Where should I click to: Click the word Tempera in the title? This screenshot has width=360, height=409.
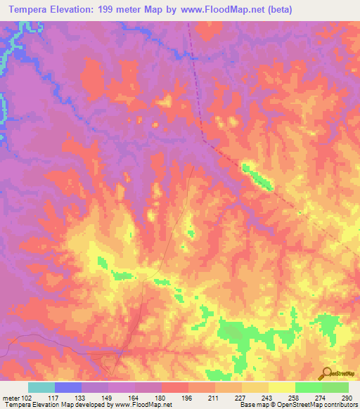[x=32, y=10]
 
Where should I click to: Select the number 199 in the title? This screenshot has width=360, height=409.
[x=111, y=10]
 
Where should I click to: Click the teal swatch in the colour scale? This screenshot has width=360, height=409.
[x=41, y=387]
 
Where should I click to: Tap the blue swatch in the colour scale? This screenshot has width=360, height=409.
[x=67, y=387]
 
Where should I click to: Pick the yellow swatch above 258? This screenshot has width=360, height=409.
[x=281, y=387]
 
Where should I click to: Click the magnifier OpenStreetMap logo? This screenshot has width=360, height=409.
[x=326, y=373]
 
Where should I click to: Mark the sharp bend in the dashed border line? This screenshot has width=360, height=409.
[x=203, y=138]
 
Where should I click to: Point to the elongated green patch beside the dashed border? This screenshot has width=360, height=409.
[x=257, y=176]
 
